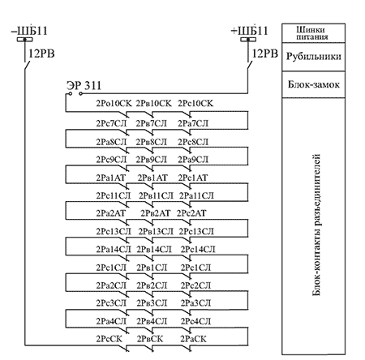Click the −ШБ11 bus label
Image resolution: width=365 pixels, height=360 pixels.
(x=29, y=30)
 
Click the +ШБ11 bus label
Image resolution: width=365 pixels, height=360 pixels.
(x=249, y=30)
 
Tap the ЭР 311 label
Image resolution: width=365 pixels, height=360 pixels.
(x=84, y=86)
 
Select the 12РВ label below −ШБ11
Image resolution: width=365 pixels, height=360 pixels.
(x=41, y=54)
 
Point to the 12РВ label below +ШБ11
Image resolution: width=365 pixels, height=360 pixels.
(x=265, y=54)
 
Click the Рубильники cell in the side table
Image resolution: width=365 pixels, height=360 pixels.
(x=314, y=57)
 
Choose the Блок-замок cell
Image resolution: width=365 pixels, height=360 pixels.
(x=314, y=84)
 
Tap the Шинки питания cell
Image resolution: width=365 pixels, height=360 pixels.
(x=312, y=33)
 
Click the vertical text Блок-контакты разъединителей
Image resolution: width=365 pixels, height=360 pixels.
(x=316, y=225)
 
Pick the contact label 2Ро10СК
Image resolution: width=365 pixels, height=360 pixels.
(x=114, y=103)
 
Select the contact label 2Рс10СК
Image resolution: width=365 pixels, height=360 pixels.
(x=195, y=103)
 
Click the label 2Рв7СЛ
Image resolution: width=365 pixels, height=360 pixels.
(x=152, y=123)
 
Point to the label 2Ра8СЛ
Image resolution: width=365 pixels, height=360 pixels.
(x=111, y=142)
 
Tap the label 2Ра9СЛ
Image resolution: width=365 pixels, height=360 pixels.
(x=193, y=160)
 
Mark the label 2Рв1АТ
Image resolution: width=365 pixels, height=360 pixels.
(x=152, y=178)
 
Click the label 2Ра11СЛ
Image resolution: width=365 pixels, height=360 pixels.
(x=196, y=195)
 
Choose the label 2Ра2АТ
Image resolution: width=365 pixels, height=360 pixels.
(x=111, y=213)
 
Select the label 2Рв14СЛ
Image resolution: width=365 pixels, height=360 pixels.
(x=154, y=249)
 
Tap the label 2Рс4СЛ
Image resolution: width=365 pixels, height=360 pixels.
(x=195, y=321)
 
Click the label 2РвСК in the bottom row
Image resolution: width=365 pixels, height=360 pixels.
(x=150, y=339)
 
